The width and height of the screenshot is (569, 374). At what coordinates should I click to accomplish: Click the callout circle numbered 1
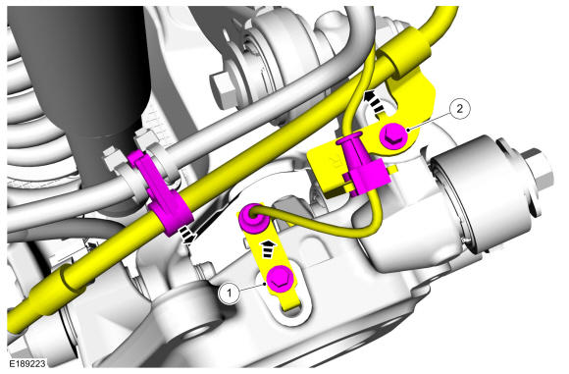point(229,293)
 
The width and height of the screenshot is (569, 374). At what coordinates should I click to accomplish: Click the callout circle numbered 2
point(460,109)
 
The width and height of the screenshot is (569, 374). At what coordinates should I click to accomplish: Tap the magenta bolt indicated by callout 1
point(280,280)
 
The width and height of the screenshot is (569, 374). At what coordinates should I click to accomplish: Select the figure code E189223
point(27,363)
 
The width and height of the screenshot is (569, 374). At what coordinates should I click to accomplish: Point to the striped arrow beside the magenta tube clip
point(187,236)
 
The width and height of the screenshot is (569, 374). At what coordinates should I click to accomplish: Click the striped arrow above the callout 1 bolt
point(268,249)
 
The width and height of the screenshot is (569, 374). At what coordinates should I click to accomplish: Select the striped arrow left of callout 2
point(374,101)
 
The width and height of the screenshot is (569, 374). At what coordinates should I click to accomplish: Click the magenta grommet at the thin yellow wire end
point(251,219)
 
